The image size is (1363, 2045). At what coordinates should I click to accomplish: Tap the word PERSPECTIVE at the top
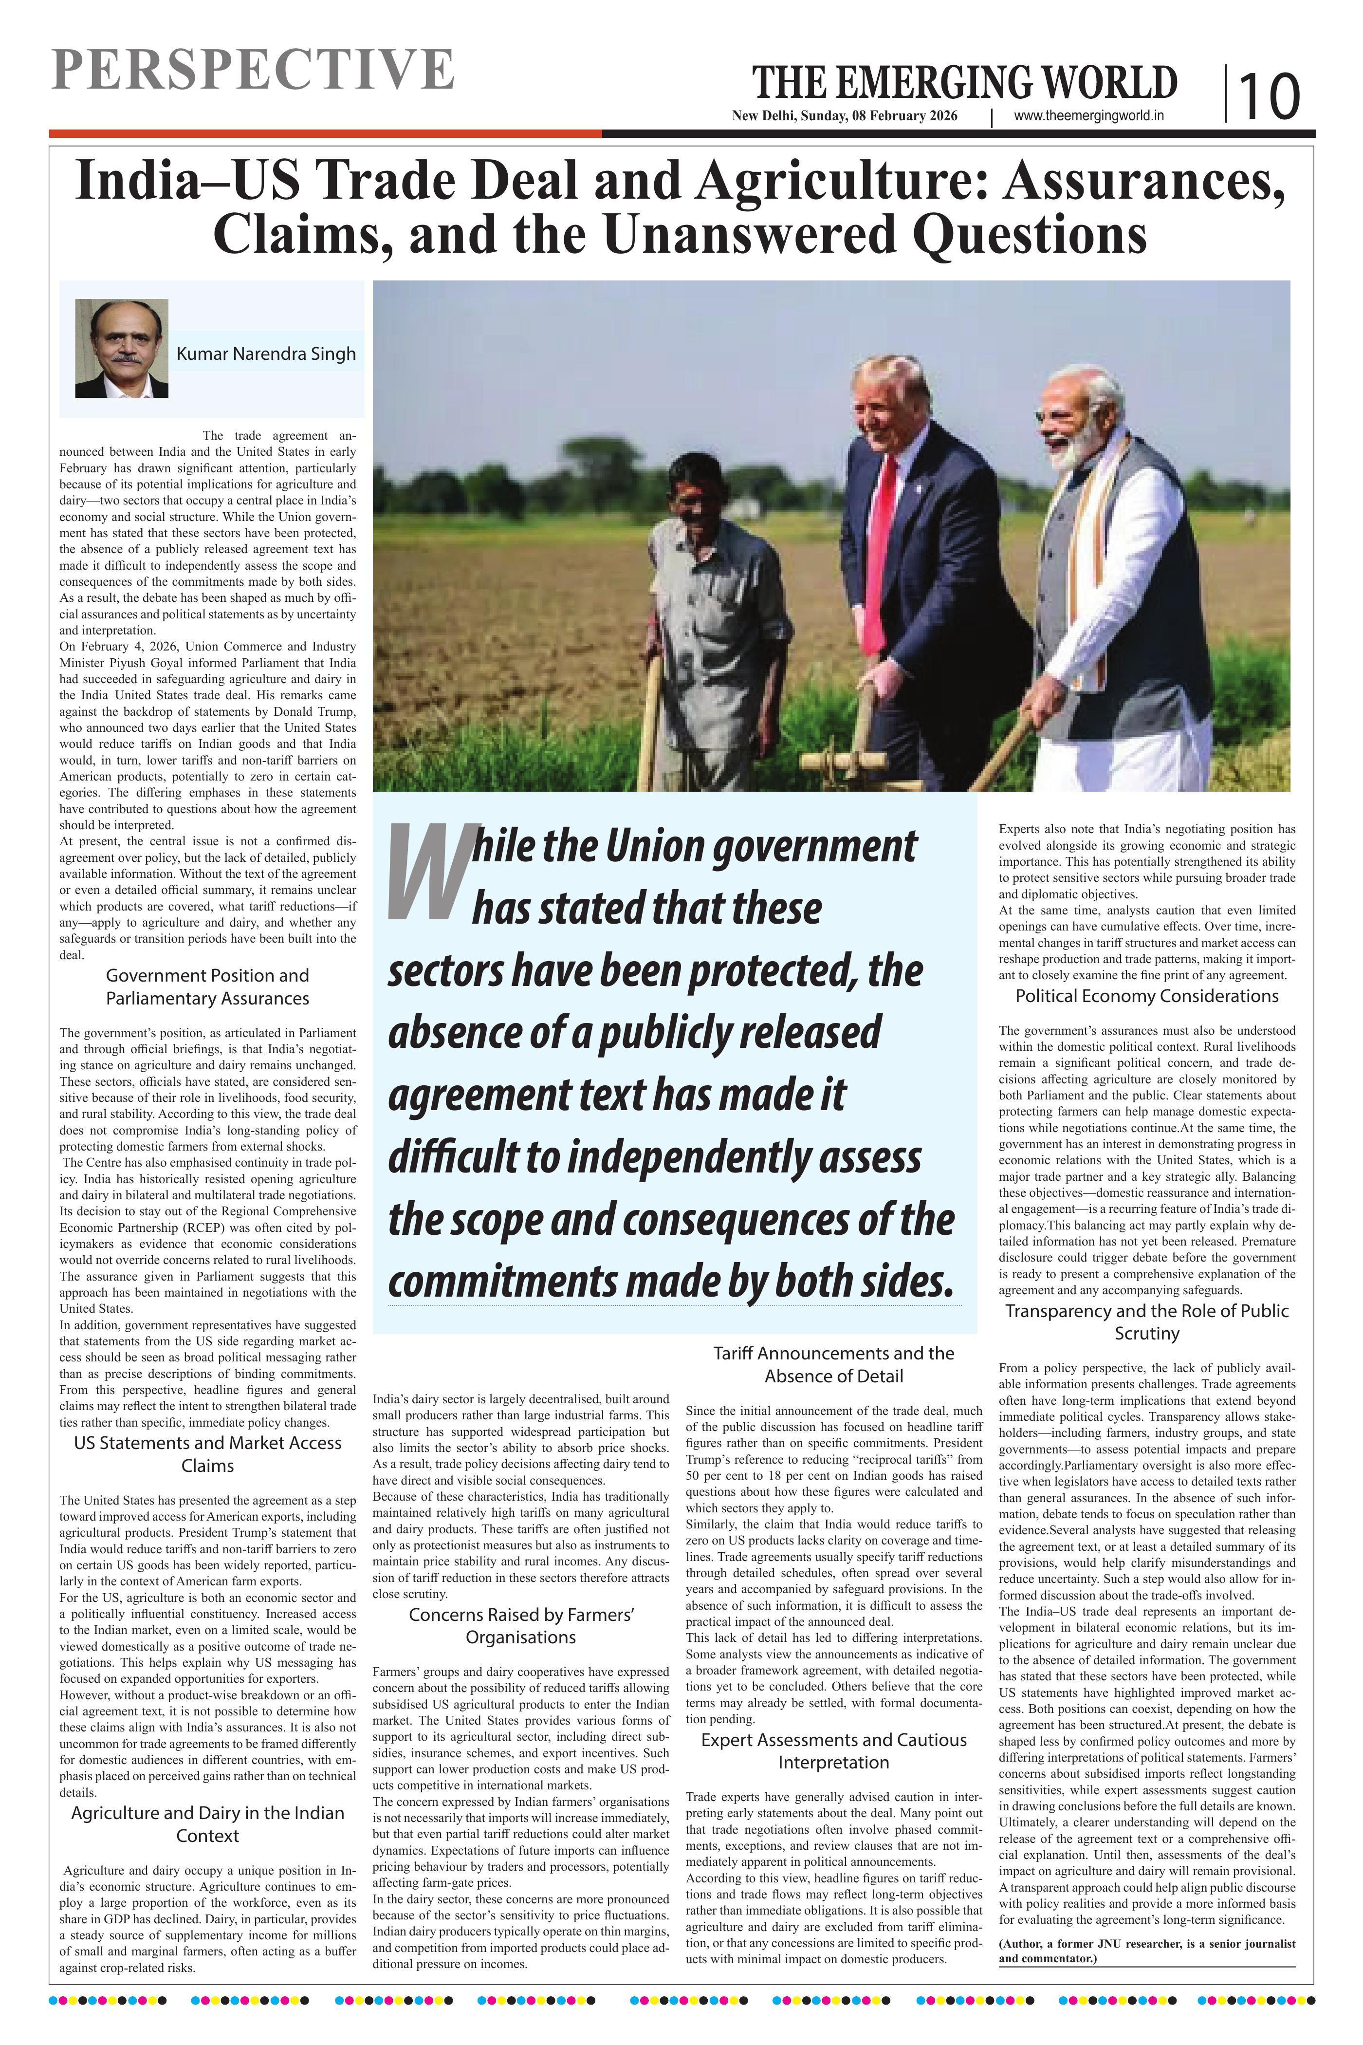252,70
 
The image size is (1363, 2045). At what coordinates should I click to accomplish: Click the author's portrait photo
122,348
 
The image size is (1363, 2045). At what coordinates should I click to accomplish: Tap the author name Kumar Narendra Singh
266,354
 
